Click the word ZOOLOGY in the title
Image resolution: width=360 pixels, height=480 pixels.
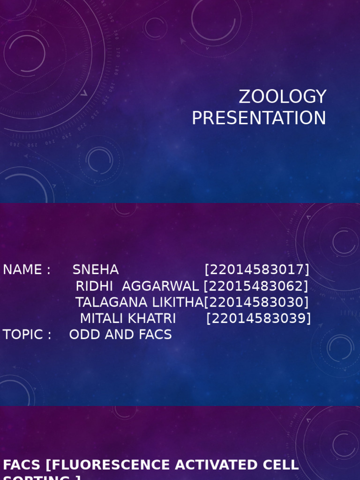click(x=282, y=97)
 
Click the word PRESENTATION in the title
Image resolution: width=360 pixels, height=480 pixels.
click(x=259, y=118)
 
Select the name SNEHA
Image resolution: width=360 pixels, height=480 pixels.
click(x=96, y=270)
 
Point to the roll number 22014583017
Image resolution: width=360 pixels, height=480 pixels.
click(x=257, y=270)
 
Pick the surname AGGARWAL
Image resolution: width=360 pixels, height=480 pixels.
click(x=160, y=286)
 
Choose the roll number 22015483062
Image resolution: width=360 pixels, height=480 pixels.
click(x=256, y=286)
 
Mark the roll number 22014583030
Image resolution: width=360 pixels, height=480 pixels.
click(x=256, y=302)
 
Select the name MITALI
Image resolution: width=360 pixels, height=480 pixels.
click(x=100, y=319)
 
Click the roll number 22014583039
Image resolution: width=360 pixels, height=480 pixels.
click(x=259, y=319)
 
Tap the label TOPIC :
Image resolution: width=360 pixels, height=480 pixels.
click(x=27, y=335)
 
